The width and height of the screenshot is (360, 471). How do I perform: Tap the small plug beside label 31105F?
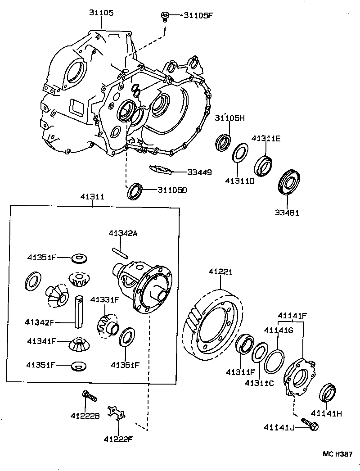[x=165, y=16]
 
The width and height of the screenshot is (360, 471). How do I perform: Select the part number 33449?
[x=199, y=172]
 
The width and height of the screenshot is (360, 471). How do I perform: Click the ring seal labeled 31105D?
[x=135, y=191]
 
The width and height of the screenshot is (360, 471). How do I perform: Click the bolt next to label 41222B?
[x=90, y=397]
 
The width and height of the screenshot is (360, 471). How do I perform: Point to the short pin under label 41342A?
[x=118, y=249]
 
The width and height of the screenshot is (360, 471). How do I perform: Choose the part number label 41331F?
[x=104, y=299]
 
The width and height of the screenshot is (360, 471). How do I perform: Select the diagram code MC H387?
[x=337, y=454]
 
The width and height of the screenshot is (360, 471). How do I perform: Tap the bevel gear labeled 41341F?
[x=79, y=345]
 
